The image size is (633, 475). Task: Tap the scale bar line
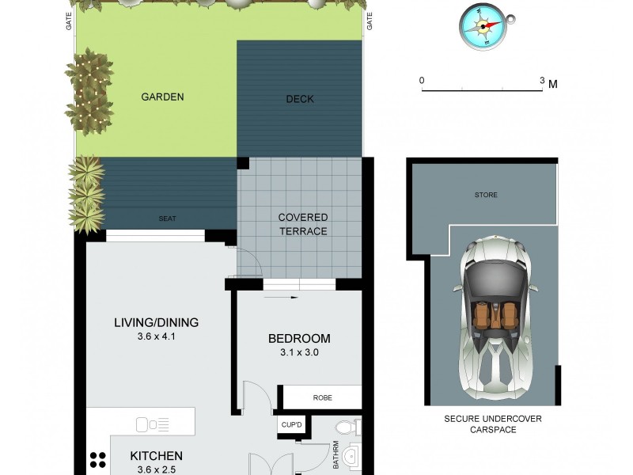[x=483, y=90]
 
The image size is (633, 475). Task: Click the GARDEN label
[x=162, y=97]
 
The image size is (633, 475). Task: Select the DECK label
[x=300, y=99]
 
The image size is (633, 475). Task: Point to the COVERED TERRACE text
[x=302, y=224]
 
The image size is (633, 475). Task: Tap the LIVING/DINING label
[x=156, y=322]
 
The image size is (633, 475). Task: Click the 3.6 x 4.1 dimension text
[x=156, y=336]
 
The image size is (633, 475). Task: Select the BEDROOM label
[x=298, y=339]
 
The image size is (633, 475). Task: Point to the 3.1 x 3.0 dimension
[x=298, y=353]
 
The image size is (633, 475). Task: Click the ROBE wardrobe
[x=322, y=398]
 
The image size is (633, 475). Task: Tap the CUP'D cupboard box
[x=290, y=425]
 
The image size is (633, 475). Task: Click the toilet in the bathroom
[x=346, y=428]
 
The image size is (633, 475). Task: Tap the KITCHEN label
[x=156, y=456]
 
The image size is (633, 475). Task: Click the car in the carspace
[x=495, y=317]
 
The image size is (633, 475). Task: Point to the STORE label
[x=486, y=195]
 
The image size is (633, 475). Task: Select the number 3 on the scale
[x=542, y=81]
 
